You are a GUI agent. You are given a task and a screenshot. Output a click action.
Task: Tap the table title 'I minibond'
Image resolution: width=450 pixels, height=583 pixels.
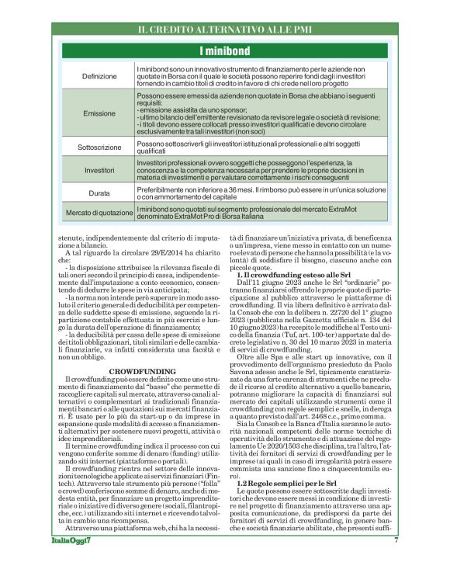point(224,51)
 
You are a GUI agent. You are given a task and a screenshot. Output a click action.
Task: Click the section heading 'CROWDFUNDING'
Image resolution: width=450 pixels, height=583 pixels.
point(141,350)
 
